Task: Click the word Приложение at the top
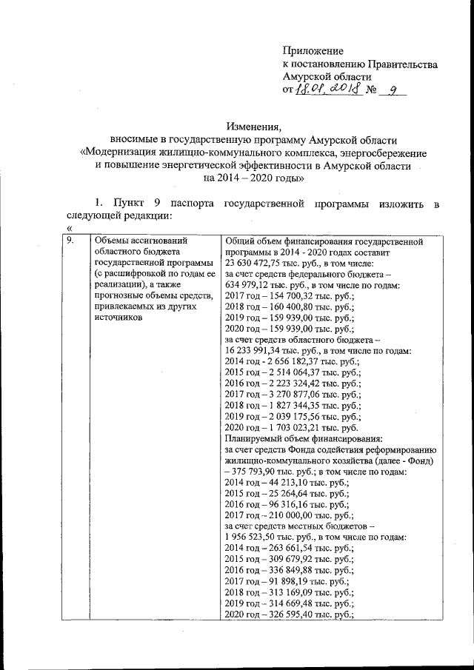coord(313,51)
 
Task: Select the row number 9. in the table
coord(70,241)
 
